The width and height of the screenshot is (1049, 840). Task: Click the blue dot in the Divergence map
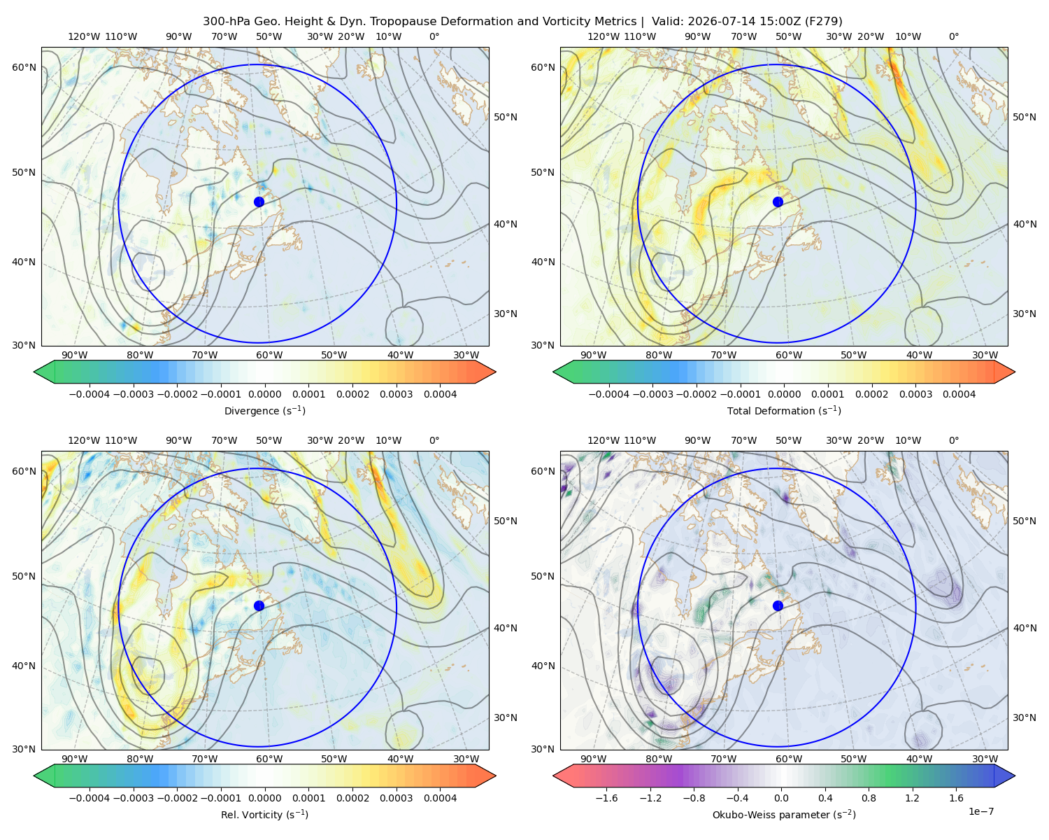(259, 202)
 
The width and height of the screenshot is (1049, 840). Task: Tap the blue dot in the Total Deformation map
(778, 202)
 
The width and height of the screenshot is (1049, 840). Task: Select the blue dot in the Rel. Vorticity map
(259, 605)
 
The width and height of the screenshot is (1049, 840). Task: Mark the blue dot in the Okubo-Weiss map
(778, 605)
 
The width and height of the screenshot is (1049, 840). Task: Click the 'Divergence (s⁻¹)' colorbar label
(264, 410)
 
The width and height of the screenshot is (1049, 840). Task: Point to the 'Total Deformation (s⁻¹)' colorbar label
(784, 410)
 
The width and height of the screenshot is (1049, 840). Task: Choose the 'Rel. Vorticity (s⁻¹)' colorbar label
(264, 814)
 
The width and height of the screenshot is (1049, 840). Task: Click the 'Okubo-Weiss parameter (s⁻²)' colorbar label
(784, 814)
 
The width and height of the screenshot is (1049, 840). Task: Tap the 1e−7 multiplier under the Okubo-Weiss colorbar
(980, 811)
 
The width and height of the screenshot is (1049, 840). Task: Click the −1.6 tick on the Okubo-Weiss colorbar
(606, 797)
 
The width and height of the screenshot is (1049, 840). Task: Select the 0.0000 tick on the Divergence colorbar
(264, 394)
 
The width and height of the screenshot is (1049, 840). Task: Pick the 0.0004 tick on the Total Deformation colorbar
(959, 394)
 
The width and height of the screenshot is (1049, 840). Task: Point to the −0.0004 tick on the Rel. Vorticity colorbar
(90, 797)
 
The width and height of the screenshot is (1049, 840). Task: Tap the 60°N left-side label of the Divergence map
(24, 67)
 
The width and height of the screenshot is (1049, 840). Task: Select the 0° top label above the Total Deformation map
(953, 36)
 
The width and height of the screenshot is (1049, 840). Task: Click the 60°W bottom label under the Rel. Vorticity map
(269, 759)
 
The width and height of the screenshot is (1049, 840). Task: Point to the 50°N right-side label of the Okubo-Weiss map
(1025, 520)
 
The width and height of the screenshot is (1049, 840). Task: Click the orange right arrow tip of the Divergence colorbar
(495, 372)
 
